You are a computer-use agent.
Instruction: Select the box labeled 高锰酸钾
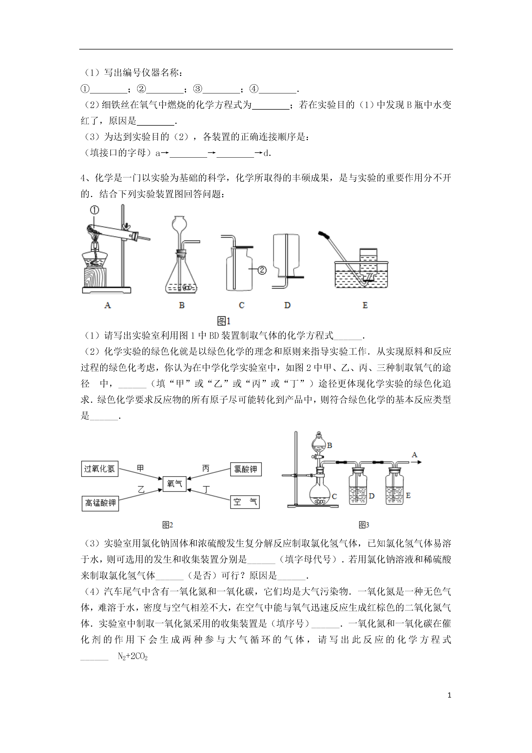(100, 503)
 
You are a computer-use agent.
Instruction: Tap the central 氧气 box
(174, 484)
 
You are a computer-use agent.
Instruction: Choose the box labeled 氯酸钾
(246, 469)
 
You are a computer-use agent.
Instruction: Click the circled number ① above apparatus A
(94, 210)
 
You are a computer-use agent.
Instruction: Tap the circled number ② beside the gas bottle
(262, 270)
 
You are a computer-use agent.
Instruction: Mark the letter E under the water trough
(365, 305)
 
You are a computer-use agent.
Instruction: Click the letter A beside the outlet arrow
(414, 455)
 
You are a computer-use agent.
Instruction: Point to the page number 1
(449, 704)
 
